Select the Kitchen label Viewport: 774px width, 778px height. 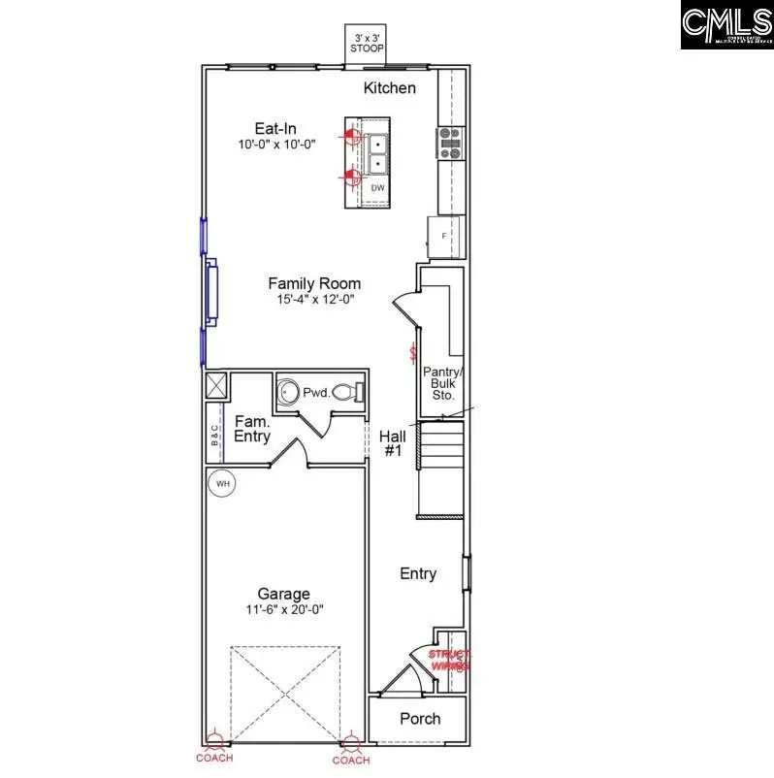click(390, 88)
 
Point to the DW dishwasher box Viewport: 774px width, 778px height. click(377, 187)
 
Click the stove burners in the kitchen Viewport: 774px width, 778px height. click(451, 143)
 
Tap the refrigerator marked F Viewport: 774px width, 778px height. click(445, 236)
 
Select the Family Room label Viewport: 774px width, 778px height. click(314, 283)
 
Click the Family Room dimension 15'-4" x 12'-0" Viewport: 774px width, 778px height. click(314, 300)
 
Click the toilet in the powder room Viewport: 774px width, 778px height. click(348, 393)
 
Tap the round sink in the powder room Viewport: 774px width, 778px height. click(289, 393)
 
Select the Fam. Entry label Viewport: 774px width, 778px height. click(252, 429)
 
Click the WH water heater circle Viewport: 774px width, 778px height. click(222, 482)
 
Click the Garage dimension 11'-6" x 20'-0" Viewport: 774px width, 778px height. click(283, 609)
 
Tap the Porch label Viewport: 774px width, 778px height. click(420, 719)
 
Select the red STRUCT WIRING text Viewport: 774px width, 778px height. click(450, 661)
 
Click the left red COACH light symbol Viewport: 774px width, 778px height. click(213, 747)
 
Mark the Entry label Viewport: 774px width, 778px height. click(418, 573)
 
